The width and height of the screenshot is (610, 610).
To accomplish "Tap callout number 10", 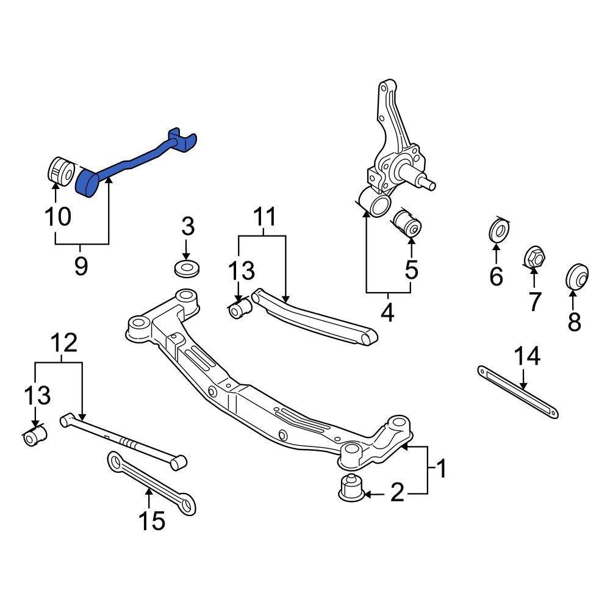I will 57,216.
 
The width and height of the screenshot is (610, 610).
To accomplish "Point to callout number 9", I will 81,266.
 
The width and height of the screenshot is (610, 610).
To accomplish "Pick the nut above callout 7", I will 534,257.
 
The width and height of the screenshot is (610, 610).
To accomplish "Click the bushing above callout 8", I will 576,276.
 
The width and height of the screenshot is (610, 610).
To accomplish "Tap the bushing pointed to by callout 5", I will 407,224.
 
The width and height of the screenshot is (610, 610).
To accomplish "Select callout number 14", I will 527,356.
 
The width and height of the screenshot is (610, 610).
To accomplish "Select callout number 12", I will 65,343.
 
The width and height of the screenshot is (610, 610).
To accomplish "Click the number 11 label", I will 264,217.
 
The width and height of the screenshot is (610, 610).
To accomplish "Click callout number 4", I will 387,312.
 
